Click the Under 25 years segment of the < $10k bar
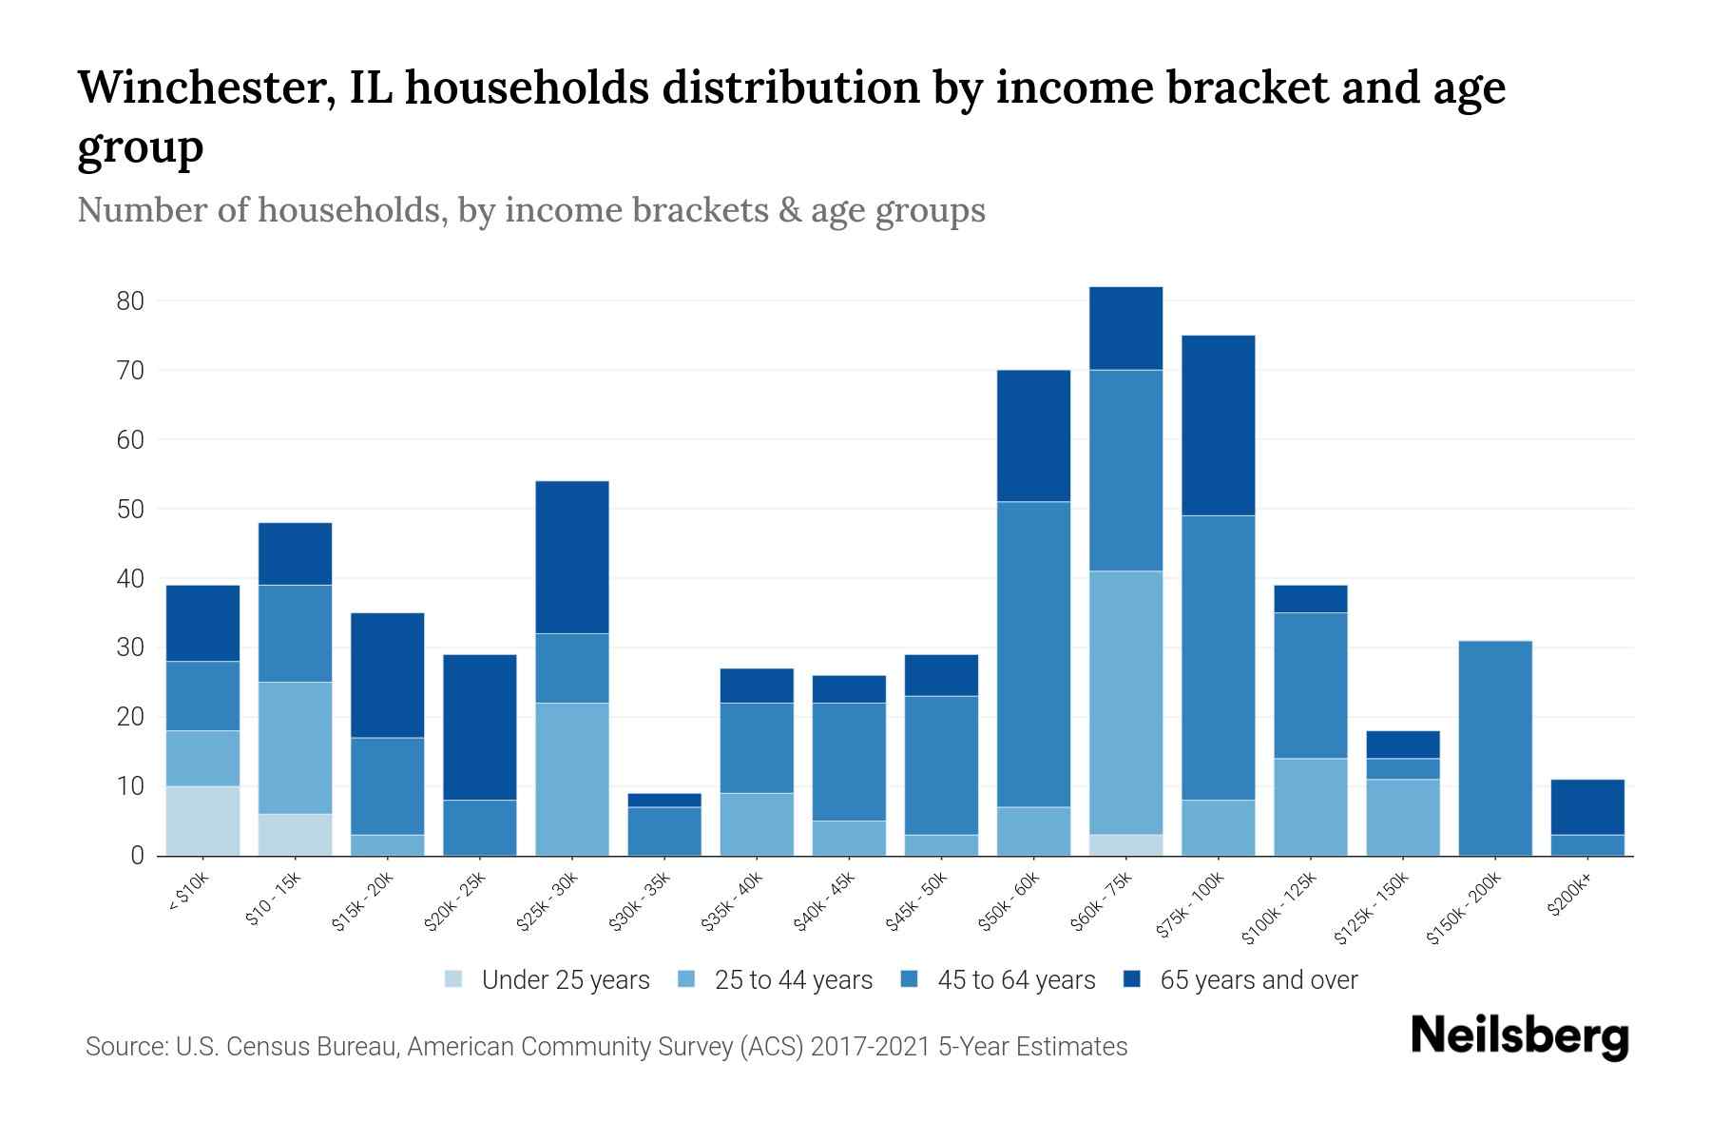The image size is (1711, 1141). click(x=202, y=821)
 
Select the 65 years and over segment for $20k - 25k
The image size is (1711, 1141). click(x=480, y=726)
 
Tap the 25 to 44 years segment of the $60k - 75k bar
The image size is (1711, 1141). click(x=1126, y=703)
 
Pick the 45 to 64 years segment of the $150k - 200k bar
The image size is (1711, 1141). click(x=1495, y=748)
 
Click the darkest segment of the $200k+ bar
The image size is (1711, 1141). click(x=1587, y=807)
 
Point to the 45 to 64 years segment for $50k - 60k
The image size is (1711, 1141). click(x=1033, y=654)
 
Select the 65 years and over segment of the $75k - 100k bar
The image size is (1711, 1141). click(x=1218, y=425)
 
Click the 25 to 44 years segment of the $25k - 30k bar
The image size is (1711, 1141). click(x=572, y=779)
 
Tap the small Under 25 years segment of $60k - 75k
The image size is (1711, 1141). click(x=1126, y=845)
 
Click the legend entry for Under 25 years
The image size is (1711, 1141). click(x=565, y=980)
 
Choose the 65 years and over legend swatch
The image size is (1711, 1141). click(x=1132, y=979)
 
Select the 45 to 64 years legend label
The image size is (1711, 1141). click(x=1015, y=980)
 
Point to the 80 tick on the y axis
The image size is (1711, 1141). click(x=130, y=301)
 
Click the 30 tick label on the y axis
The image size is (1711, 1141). click(x=130, y=648)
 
